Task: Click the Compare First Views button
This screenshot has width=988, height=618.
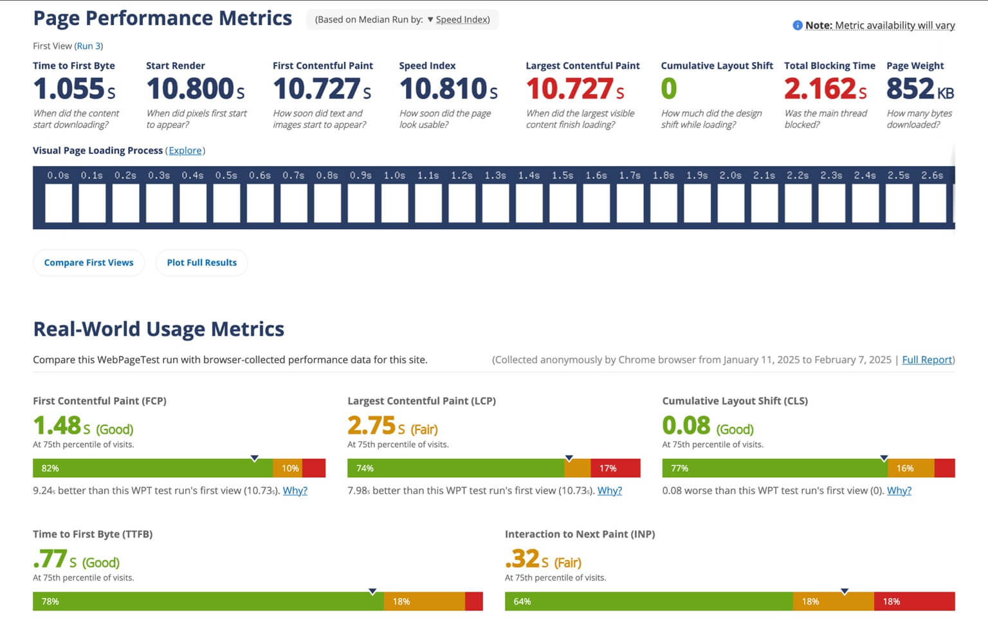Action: [x=89, y=263]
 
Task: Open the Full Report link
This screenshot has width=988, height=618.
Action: [x=927, y=360]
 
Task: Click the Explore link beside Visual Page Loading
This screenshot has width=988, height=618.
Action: [x=185, y=151]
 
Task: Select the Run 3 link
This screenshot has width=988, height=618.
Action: [x=89, y=46]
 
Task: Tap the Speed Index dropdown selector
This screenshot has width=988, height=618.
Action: [x=459, y=19]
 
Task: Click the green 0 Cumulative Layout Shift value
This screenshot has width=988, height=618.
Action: [x=669, y=89]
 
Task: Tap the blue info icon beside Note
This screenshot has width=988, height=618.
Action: [x=798, y=25]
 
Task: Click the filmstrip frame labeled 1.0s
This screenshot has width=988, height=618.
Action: [x=394, y=203]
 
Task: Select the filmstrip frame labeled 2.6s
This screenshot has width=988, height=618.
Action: [x=932, y=203]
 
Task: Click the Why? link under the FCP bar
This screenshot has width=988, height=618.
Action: [x=295, y=491]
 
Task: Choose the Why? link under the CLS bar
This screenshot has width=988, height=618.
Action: [x=899, y=491]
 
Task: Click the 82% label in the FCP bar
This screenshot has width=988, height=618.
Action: [x=50, y=468]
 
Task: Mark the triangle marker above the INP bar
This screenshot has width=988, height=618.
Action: [x=845, y=591]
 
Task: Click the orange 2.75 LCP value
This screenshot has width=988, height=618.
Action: [x=372, y=426]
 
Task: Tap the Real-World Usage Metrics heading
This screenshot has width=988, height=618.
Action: [x=159, y=329]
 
